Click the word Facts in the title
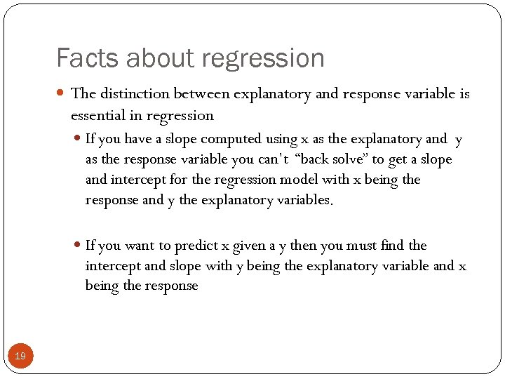[x=80, y=58]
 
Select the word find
[x=392, y=246]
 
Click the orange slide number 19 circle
[x=20, y=357]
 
